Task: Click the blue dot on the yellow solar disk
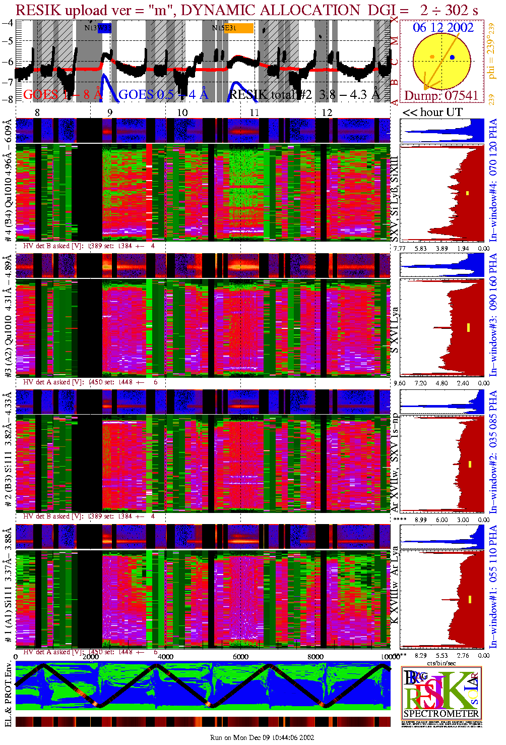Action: [x=453, y=58]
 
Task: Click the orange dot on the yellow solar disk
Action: [x=432, y=56]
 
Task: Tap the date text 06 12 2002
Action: [x=443, y=28]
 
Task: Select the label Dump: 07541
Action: [x=441, y=95]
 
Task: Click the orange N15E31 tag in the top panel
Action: [x=238, y=28]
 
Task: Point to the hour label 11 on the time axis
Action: [x=254, y=112]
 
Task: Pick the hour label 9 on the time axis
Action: [x=110, y=112]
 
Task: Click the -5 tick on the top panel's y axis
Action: [x=8, y=41]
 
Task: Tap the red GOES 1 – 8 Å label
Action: [x=62, y=94]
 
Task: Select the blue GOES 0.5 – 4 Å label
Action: [x=163, y=94]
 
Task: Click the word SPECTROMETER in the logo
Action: [x=441, y=714]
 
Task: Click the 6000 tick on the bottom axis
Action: [x=240, y=657]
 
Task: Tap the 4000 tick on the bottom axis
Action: [x=165, y=657]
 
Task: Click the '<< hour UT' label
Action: [x=432, y=112]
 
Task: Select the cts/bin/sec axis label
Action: [x=442, y=663]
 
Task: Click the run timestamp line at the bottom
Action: [x=262, y=737]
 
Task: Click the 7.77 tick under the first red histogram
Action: [x=399, y=248]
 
